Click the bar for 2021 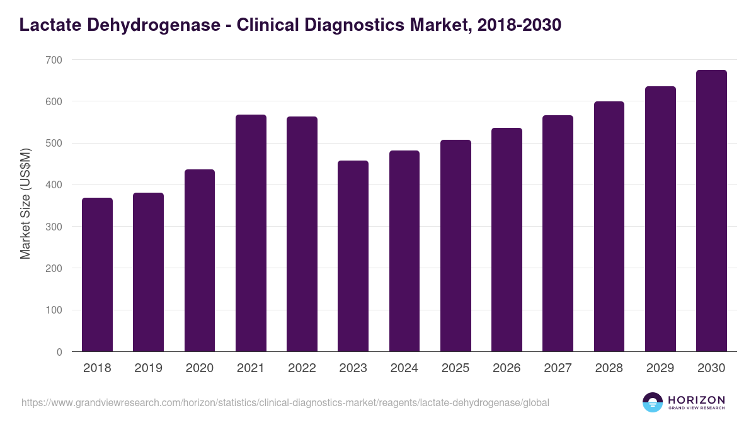coord(251,234)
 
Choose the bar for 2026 coord(507,240)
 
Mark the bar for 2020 coord(200,261)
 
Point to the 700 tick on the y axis coord(54,60)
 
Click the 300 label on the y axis coord(54,227)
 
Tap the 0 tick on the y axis coord(59,352)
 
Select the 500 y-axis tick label coord(54,144)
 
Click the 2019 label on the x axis coord(148,368)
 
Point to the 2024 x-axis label coord(404,368)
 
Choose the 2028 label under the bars coord(609,368)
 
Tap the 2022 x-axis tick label coord(302,368)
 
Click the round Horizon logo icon coord(653,402)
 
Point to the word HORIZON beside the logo coord(696,399)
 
